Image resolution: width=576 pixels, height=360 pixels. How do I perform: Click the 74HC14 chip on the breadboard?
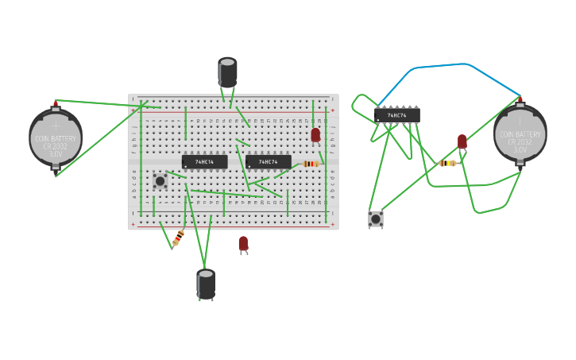(205, 162)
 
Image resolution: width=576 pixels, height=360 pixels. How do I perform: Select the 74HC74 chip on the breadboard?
(269, 162)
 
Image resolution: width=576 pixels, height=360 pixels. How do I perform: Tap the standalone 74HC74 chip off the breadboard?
(397, 115)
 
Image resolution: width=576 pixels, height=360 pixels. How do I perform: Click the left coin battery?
(56, 137)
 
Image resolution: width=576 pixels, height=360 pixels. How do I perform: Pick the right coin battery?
(520, 134)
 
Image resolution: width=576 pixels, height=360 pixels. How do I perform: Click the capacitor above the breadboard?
(228, 72)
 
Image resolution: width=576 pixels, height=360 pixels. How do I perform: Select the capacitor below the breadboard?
(206, 284)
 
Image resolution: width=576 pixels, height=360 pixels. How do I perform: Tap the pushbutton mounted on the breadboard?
(160, 180)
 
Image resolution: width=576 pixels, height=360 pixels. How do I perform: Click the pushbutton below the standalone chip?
(376, 218)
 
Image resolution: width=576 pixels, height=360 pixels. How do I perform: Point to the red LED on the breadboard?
(315, 135)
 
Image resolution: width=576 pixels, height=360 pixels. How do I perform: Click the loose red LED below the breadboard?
(243, 244)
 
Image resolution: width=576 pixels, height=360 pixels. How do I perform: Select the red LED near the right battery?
(462, 141)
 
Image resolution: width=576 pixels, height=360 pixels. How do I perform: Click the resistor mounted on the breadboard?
(311, 164)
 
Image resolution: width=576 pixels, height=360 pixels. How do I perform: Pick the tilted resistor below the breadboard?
(178, 237)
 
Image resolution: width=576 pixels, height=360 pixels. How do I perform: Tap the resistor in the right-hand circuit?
(448, 163)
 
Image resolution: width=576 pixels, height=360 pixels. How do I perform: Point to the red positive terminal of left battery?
(56, 104)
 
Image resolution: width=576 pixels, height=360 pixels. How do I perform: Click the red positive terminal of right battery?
(520, 101)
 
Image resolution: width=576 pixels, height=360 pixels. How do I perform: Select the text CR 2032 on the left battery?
(56, 146)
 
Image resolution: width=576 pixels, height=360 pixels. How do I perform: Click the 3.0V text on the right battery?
(520, 149)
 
